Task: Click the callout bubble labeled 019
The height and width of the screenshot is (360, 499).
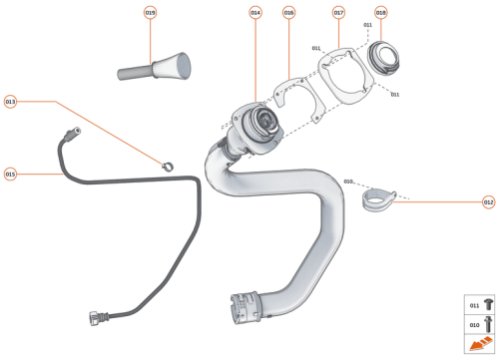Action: pyautogui.click(x=151, y=13)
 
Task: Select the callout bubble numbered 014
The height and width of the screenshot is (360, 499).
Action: pyautogui.click(x=255, y=13)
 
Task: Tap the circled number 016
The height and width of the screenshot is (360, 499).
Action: pyautogui.click(x=288, y=13)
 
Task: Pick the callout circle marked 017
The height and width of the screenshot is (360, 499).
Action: pyautogui.click(x=338, y=13)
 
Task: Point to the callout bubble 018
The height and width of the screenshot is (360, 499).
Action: pyautogui.click(x=380, y=13)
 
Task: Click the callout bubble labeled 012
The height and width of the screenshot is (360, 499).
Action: pyautogui.click(x=488, y=202)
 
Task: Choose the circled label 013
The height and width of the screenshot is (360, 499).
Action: pyautogui.click(x=11, y=102)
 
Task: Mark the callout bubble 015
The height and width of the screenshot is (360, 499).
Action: pyautogui.click(x=11, y=174)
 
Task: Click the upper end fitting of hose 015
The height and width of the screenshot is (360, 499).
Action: pyautogui.click(x=71, y=134)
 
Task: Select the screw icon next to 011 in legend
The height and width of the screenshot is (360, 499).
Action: pyautogui.click(x=488, y=304)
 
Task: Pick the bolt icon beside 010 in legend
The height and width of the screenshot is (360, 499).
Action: pyautogui.click(x=488, y=324)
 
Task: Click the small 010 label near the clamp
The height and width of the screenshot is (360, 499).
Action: pyautogui.click(x=348, y=181)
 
